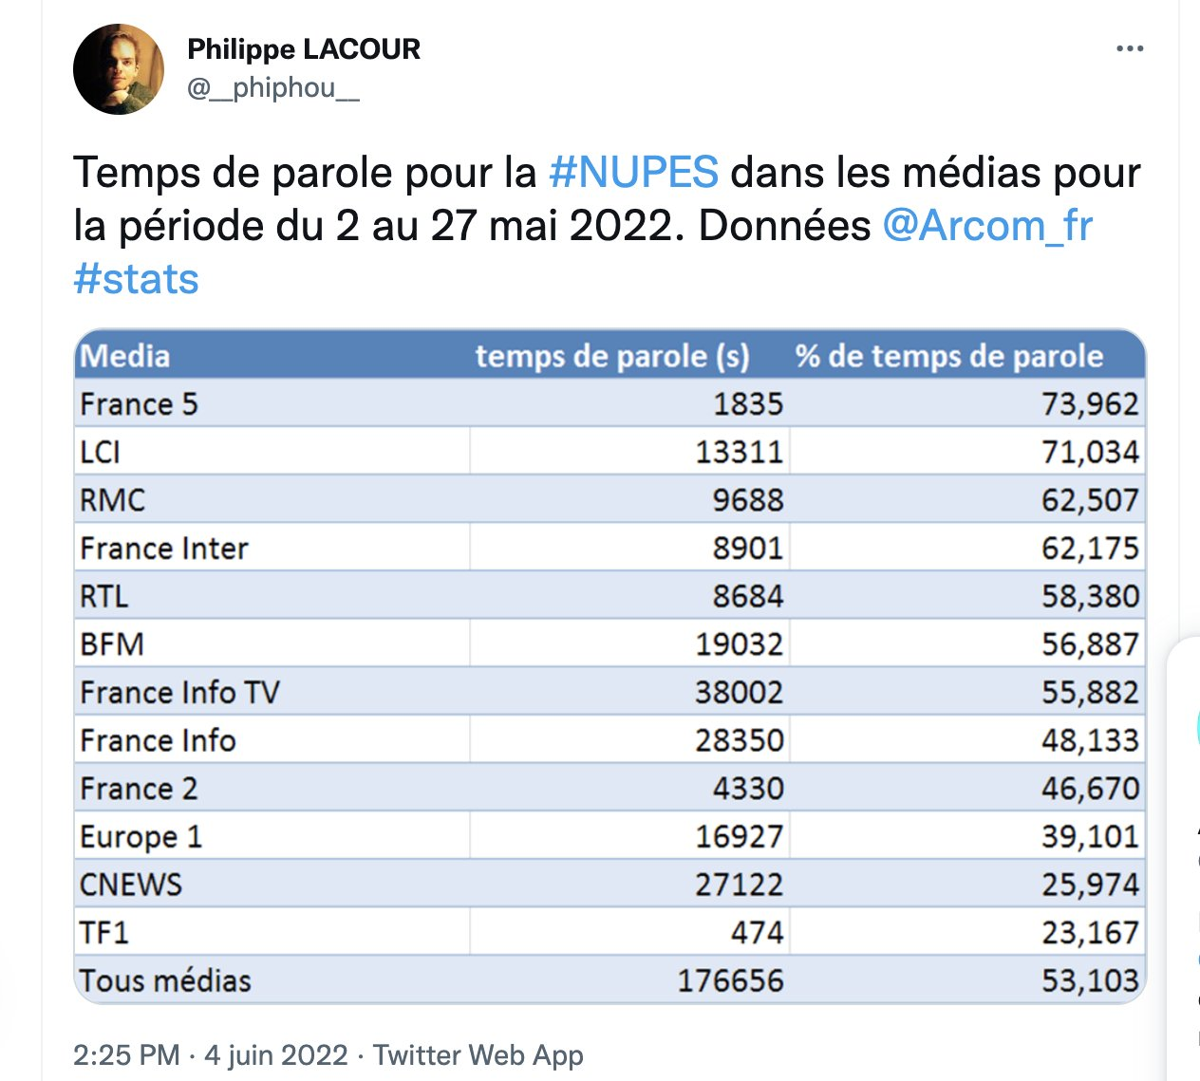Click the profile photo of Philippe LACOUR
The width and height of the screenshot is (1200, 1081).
119,69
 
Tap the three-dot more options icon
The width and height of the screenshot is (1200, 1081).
1130,48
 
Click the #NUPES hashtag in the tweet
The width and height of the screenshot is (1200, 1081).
633,173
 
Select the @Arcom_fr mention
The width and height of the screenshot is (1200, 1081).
987,226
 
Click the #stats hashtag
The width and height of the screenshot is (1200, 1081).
136,279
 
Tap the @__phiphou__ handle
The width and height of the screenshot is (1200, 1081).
273,88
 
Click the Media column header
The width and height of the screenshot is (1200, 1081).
125,356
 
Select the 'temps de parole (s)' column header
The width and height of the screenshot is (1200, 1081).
612,357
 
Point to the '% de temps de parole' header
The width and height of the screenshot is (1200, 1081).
949,357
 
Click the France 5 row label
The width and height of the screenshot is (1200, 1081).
139,404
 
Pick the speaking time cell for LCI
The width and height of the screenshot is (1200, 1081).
740,453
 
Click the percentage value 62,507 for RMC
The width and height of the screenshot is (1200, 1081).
1090,500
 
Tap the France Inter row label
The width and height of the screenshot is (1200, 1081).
164,549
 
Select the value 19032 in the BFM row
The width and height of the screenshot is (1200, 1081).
740,644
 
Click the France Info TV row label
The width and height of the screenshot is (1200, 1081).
179,693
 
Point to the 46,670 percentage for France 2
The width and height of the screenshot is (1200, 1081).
1090,789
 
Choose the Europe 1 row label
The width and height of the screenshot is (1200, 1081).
141,837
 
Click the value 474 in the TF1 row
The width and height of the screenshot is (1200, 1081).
757,933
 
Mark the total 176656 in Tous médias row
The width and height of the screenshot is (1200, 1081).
730,981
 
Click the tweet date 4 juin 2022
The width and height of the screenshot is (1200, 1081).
276,1054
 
